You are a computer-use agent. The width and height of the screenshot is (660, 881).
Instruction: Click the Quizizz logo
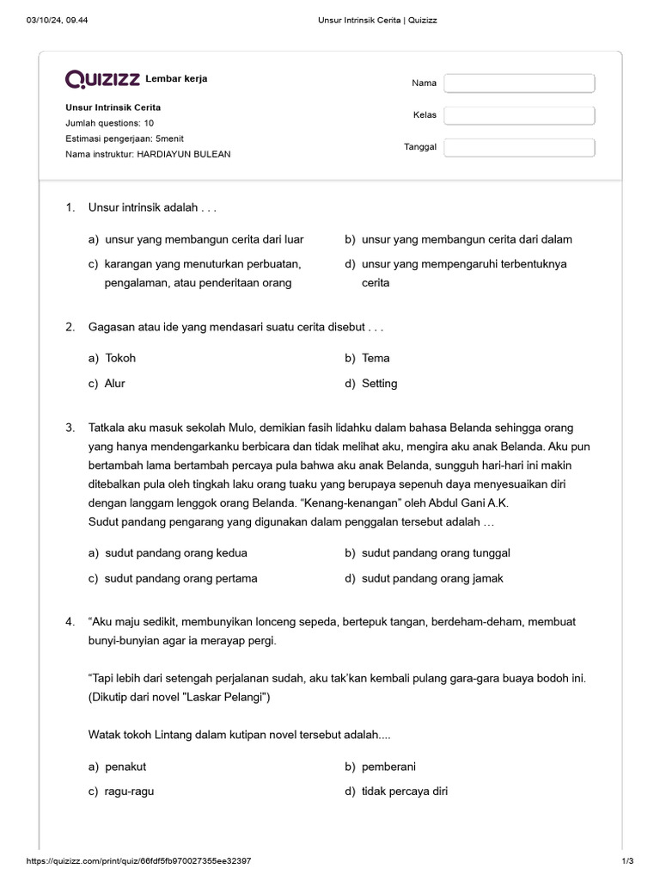pos(102,80)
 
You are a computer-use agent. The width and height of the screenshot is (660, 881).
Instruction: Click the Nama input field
pos(519,83)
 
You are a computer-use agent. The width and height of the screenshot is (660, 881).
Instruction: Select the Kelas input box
pos(519,115)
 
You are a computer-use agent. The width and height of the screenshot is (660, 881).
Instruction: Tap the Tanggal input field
pos(519,147)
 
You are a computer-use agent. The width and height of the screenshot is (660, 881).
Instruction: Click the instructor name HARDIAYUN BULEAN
pos(183,154)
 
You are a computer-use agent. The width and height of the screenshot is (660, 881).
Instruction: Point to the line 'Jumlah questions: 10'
pos(109,123)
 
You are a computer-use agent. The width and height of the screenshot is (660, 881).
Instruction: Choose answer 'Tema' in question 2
pos(376,358)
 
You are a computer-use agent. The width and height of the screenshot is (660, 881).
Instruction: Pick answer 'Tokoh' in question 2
pos(120,358)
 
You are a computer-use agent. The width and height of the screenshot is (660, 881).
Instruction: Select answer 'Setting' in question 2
pos(379,384)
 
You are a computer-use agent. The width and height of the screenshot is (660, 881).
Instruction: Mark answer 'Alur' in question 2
pos(114,384)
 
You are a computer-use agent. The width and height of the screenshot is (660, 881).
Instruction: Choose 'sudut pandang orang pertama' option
pos(180,578)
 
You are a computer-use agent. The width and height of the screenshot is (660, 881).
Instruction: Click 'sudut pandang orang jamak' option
pos(432,578)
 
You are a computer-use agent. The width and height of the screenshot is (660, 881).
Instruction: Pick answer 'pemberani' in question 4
pos(388,767)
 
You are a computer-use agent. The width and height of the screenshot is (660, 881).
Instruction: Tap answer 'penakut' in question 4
pos(125,767)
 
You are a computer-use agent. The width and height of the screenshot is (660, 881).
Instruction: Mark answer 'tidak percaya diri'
pos(404,792)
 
